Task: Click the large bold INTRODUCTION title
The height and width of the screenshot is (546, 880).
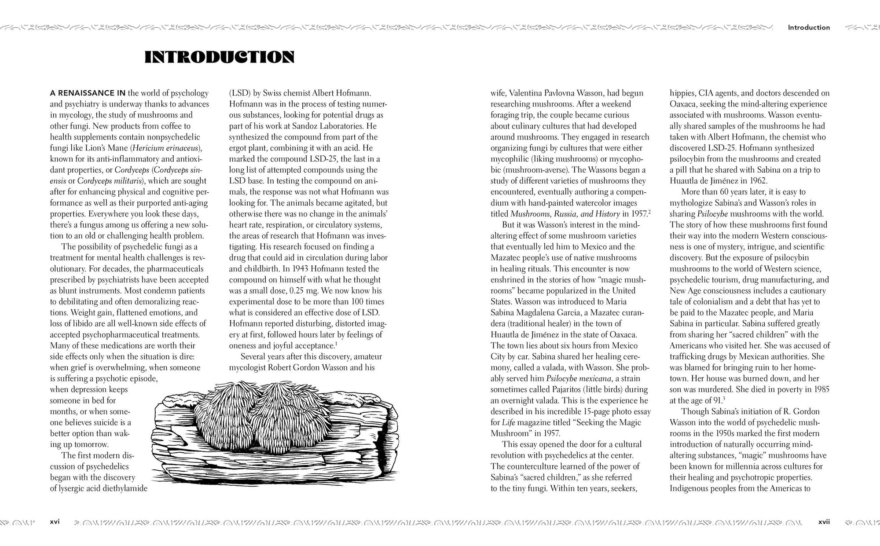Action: pos(219,57)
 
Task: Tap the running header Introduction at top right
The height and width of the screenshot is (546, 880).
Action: pos(809,27)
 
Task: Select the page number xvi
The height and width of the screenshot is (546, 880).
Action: pos(55,522)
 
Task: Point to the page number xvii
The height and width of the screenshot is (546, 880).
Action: pos(824,522)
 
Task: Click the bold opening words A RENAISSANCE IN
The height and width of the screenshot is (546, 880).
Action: pos(88,93)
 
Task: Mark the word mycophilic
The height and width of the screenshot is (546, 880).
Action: pos(510,159)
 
